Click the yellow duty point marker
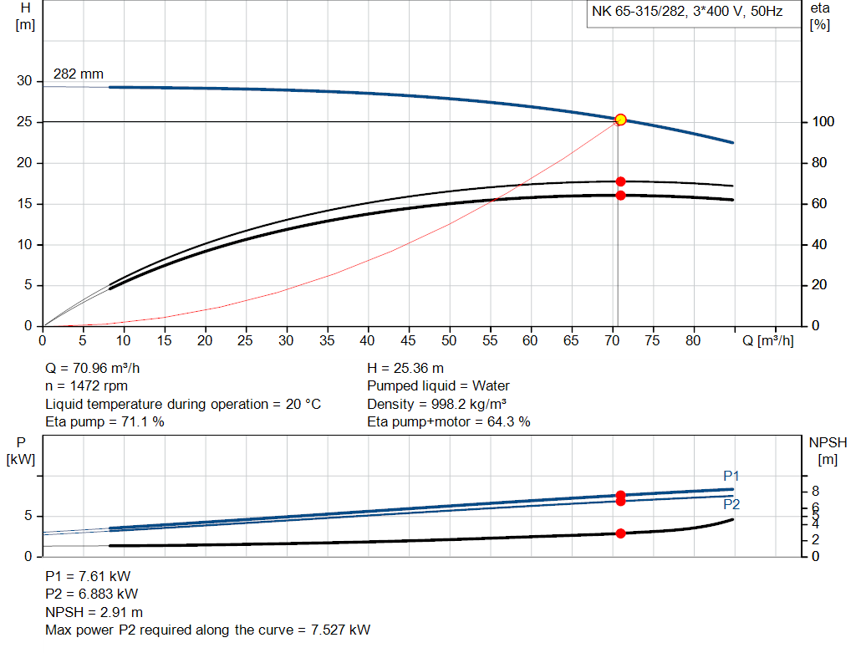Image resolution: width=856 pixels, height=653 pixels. tap(620, 120)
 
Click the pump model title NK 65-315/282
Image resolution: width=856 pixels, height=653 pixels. tap(686, 12)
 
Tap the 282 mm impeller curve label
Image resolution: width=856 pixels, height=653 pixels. tap(79, 74)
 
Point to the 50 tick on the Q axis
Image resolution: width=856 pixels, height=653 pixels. tap(449, 340)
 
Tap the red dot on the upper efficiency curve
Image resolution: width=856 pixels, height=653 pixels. tap(620, 181)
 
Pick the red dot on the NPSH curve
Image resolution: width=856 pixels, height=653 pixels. tap(620, 533)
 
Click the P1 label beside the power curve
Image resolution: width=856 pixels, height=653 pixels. tap(731, 476)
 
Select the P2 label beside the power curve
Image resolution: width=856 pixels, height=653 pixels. tap(731, 504)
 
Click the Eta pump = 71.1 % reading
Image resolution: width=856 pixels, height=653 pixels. tap(104, 422)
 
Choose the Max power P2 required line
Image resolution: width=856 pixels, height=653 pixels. tap(207, 630)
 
